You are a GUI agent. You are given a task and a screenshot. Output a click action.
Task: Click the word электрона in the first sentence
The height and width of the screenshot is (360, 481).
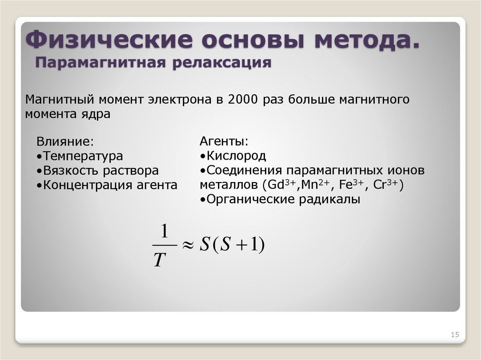[x=181, y=100]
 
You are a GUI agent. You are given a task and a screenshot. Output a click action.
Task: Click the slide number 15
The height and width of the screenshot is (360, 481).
[x=454, y=335]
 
